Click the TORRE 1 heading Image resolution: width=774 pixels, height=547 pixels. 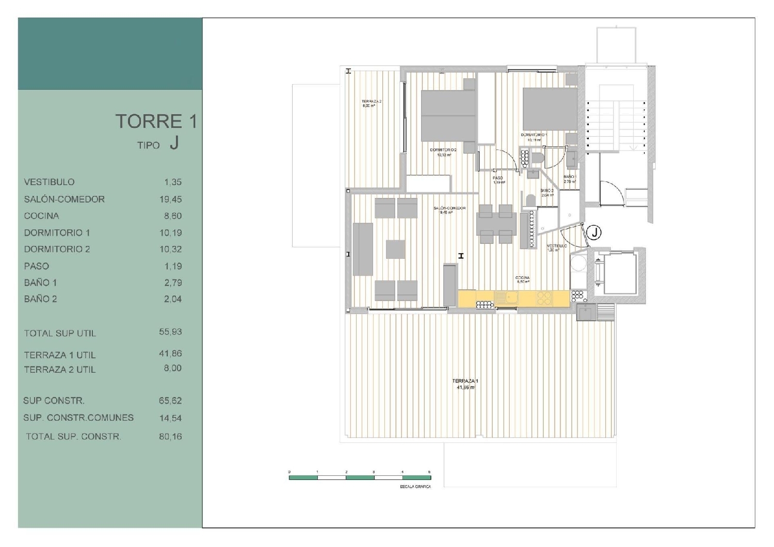(x=156, y=122)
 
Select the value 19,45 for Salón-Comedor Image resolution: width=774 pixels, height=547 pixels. (x=170, y=200)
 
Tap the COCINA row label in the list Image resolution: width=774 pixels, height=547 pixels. (x=41, y=216)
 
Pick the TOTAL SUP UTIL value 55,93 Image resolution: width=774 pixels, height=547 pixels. (x=170, y=332)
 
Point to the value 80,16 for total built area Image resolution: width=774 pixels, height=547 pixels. (x=170, y=437)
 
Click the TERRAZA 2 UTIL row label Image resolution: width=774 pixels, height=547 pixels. (x=59, y=370)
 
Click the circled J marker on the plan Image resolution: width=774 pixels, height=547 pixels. (x=594, y=233)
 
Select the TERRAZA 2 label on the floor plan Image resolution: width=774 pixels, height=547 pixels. (x=371, y=102)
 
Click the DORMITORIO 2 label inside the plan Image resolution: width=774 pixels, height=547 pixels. (x=443, y=150)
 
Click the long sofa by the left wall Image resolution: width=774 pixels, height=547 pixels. (x=363, y=249)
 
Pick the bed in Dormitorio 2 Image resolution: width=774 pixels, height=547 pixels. (x=447, y=115)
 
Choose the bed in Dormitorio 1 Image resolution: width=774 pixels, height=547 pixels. (x=550, y=109)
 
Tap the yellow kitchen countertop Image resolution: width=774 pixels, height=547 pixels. (x=513, y=299)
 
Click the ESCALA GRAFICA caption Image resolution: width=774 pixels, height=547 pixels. (x=415, y=487)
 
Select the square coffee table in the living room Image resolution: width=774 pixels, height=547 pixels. (x=396, y=249)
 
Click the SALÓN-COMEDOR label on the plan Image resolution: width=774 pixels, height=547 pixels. (x=449, y=208)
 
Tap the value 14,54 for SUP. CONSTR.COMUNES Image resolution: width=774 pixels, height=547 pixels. (x=170, y=418)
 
